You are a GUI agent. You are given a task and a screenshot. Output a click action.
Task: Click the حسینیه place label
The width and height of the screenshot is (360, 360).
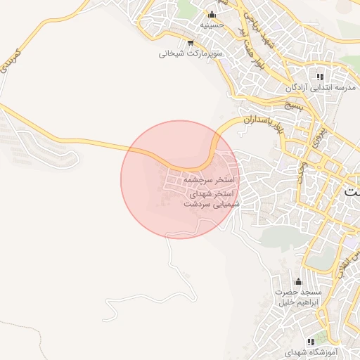(212, 25)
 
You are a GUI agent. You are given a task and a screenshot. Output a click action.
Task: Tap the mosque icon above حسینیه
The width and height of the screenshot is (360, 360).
(212, 14)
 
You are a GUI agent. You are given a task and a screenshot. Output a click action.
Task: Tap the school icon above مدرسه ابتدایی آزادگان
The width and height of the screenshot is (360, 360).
(320, 77)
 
